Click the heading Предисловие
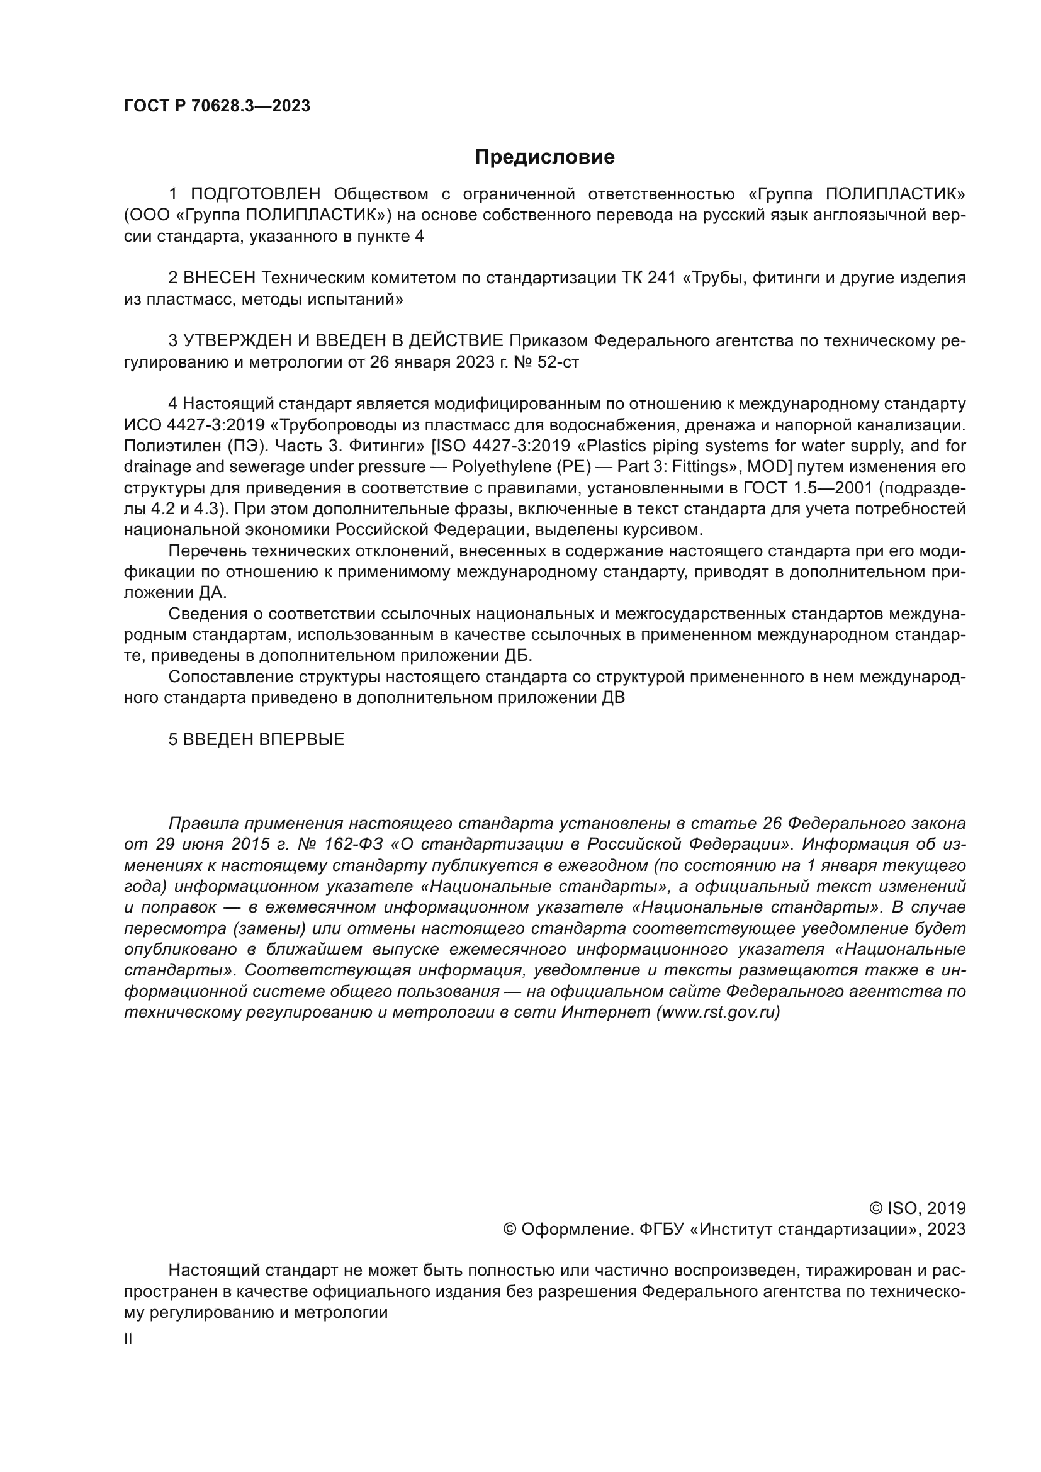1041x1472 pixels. (544, 157)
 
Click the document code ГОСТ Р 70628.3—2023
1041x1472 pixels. (217, 106)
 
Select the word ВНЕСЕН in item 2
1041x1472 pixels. (219, 278)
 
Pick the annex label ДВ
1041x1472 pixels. (613, 697)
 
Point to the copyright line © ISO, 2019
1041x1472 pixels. (917, 1208)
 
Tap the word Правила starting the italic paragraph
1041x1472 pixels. (202, 823)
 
